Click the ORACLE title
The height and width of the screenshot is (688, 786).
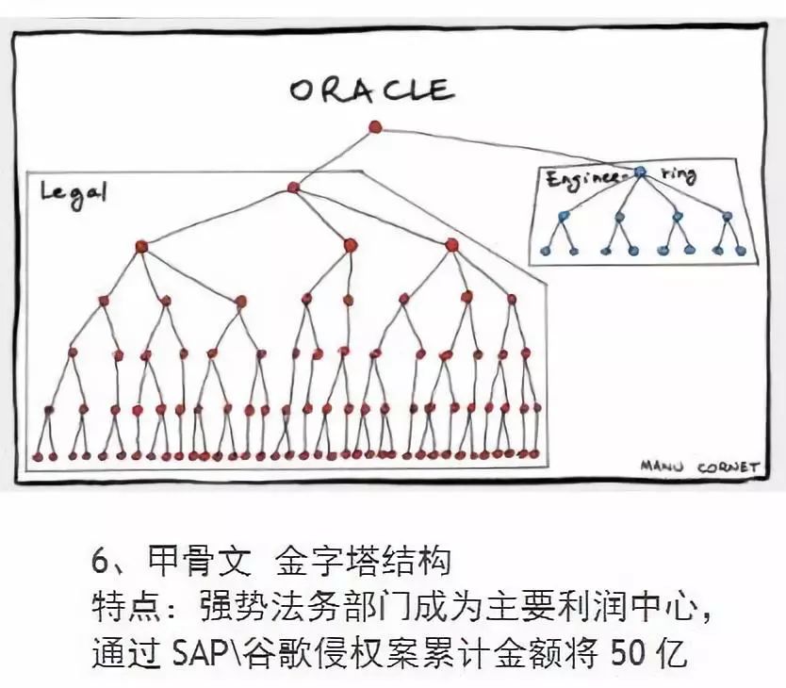tap(371, 90)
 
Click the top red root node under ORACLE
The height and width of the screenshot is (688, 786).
tap(374, 126)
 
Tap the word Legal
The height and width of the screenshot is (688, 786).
tap(74, 194)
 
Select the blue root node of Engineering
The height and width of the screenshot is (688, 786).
tap(640, 172)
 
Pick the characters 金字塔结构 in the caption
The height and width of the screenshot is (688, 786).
tap(363, 562)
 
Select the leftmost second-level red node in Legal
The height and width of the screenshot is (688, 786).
tap(141, 247)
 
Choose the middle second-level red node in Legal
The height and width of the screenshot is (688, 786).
tap(350, 244)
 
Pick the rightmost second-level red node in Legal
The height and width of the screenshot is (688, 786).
tap(451, 245)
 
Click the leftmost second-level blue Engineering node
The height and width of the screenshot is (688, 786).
tap(564, 216)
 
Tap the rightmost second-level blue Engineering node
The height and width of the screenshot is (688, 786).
tap(727, 216)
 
